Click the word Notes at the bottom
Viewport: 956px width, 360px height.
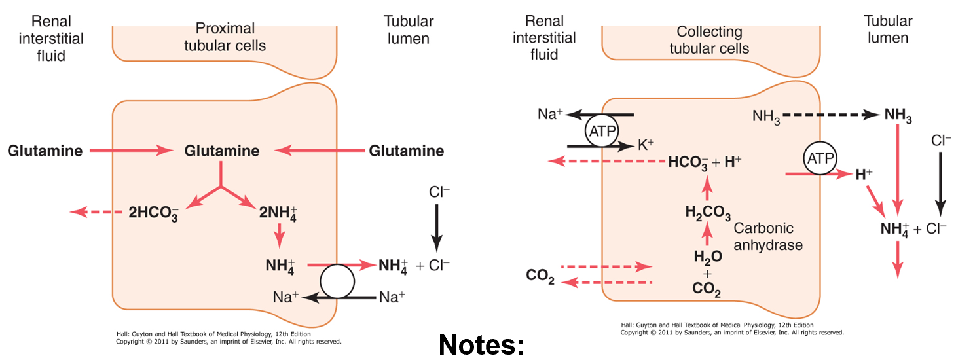coord(481,344)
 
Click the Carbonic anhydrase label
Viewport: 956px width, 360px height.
coord(768,236)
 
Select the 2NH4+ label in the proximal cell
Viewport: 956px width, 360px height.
coord(278,212)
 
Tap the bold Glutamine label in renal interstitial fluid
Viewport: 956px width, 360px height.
coord(45,151)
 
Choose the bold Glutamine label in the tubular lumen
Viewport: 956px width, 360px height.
coord(407,151)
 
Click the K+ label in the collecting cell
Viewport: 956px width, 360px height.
coord(646,145)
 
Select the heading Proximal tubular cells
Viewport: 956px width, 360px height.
coord(225,37)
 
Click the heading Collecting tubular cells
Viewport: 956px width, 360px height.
coord(709,40)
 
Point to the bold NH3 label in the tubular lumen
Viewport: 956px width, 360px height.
coord(898,115)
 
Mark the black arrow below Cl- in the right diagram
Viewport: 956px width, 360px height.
coord(940,183)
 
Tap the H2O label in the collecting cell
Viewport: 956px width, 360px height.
coord(707,257)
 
